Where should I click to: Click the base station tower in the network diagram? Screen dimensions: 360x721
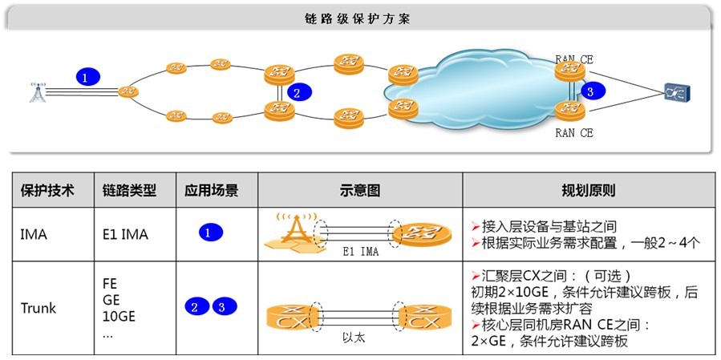[x=38, y=91]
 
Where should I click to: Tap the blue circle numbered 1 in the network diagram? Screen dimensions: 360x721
[x=88, y=78]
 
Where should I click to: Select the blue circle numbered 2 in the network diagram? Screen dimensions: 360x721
[x=297, y=92]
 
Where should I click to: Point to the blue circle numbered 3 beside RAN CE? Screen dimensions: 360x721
[x=590, y=91]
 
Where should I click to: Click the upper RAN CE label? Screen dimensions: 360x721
[x=573, y=59]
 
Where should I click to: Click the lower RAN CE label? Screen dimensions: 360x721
[x=573, y=133]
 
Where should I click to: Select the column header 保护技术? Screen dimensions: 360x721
[x=47, y=192]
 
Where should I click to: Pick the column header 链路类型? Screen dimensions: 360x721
[x=129, y=192]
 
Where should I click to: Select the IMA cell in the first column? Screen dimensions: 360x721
[x=34, y=235]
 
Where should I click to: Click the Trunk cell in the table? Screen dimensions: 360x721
[x=38, y=308]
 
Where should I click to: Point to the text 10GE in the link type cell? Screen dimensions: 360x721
[x=119, y=315]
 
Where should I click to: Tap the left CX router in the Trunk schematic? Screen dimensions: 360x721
[x=292, y=316]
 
